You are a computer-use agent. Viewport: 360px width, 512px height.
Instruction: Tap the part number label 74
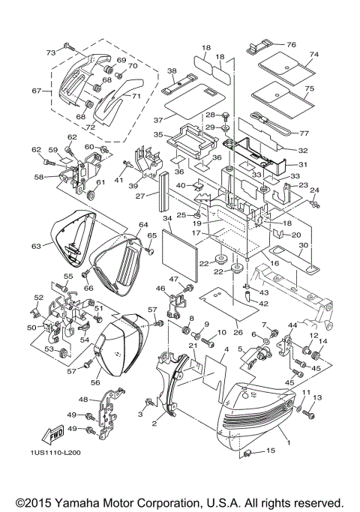[x=314, y=55]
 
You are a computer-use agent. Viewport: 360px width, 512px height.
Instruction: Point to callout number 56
[x=95, y=382]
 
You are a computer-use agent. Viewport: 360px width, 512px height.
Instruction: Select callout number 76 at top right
[x=292, y=44]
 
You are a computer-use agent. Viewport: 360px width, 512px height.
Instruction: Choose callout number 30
[x=304, y=244]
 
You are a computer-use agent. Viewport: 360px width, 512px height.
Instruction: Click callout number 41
[x=118, y=180]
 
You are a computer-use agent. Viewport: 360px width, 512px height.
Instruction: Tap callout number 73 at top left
[x=51, y=52]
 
